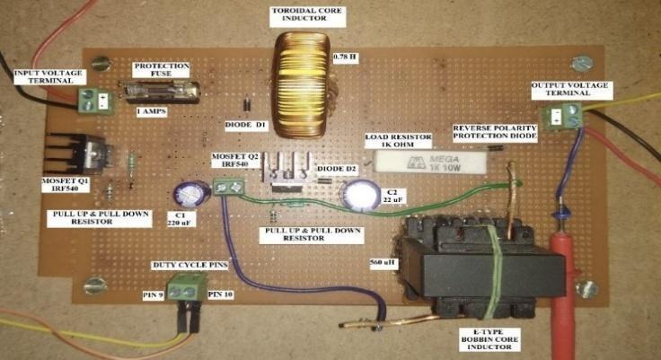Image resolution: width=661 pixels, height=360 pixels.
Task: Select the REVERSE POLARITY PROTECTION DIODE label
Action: [x=495, y=134]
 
